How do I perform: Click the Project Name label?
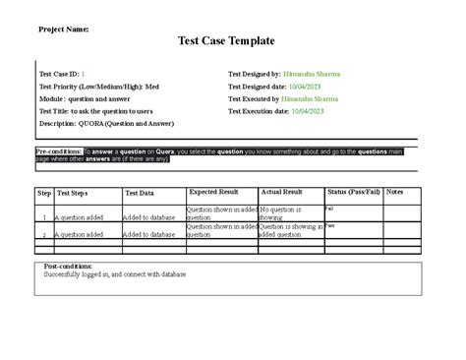63,30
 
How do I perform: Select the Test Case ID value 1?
83,74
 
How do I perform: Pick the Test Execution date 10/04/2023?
316,112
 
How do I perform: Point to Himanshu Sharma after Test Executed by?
310,99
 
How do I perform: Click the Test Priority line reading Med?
98,87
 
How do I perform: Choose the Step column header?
44,195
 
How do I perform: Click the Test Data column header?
140,195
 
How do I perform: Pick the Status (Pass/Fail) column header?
354,193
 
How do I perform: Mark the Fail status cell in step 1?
330,209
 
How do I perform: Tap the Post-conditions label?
69,266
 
